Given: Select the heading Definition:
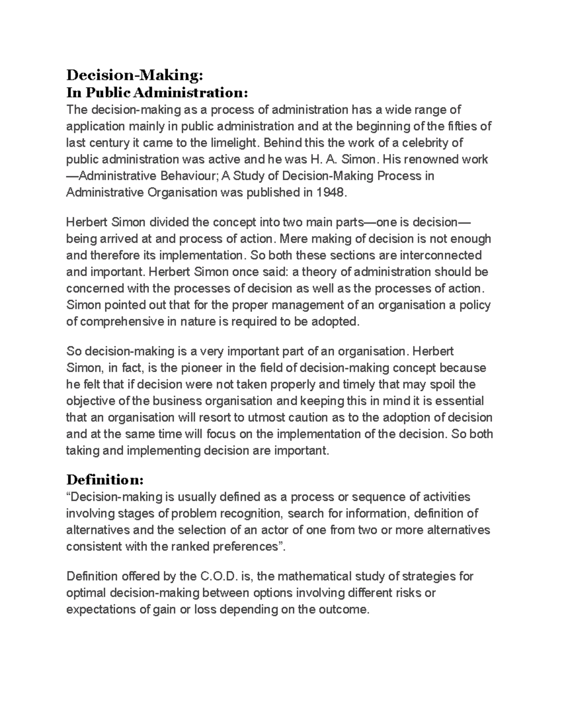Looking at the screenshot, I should (105, 480).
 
